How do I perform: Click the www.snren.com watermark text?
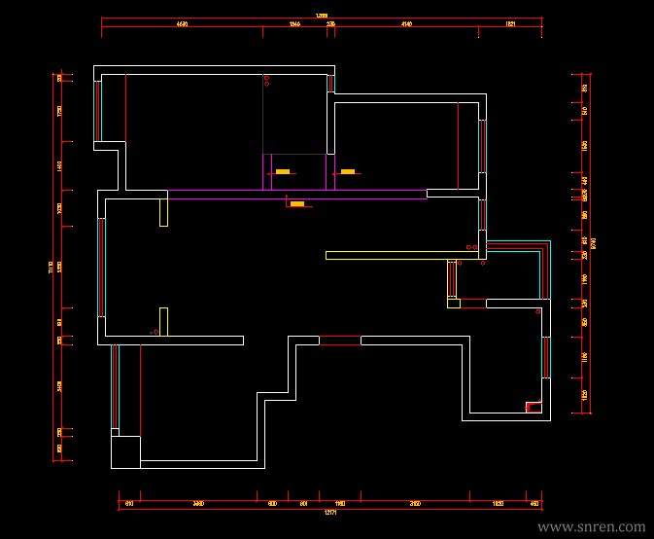point(591,526)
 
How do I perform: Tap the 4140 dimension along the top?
point(406,21)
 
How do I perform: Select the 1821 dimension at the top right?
point(510,21)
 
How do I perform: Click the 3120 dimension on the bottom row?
point(415,503)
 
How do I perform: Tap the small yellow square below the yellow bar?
point(453,303)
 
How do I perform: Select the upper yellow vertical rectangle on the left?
point(163,208)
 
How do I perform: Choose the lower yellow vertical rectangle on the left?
point(163,321)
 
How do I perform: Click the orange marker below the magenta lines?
point(297,204)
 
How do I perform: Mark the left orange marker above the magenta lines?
point(283,172)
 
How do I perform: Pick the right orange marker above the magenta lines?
point(347,172)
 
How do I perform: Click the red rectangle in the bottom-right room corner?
point(533,407)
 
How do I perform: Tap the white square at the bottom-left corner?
point(125,452)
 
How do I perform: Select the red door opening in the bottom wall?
point(339,340)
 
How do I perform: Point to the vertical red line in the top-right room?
point(457,146)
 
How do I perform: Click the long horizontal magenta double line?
point(296,194)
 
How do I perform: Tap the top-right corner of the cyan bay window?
point(549,240)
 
